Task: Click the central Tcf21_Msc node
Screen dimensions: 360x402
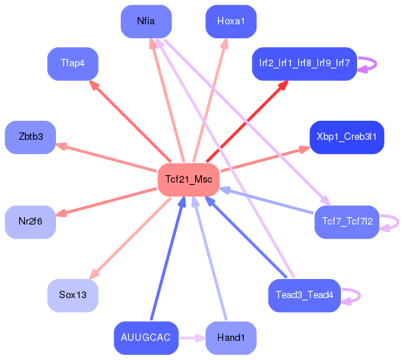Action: click(x=188, y=180)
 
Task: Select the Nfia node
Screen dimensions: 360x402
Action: click(x=146, y=21)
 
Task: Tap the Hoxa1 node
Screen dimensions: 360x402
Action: click(x=230, y=21)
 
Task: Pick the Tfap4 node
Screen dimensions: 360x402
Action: click(x=73, y=63)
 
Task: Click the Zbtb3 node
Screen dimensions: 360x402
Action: click(x=30, y=137)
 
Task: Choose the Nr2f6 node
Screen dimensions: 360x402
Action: click(x=30, y=222)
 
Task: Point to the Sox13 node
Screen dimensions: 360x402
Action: click(x=73, y=295)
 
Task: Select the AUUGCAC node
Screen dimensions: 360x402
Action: click(x=147, y=338)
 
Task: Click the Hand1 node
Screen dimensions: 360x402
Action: click(x=230, y=338)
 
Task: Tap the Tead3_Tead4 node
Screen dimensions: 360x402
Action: click(x=304, y=295)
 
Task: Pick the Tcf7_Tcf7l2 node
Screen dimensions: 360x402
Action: click(x=346, y=222)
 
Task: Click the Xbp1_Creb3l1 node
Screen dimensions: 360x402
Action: click(x=346, y=137)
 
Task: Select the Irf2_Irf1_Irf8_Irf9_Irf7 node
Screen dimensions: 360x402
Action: click(x=304, y=64)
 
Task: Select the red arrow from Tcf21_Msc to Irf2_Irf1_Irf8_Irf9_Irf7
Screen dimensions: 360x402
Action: click(x=246, y=122)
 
